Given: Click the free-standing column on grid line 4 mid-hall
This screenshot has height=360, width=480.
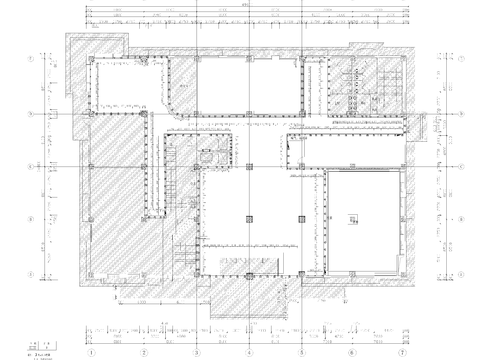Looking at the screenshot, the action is pyautogui.click(x=249, y=215).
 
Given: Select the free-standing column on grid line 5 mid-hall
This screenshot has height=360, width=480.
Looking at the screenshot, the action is pyautogui.click(x=301, y=215).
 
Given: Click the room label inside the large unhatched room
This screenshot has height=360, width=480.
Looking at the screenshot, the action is pyautogui.click(x=353, y=220).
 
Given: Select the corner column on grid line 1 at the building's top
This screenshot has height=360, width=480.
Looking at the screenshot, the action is pyautogui.click(x=91, y=60).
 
